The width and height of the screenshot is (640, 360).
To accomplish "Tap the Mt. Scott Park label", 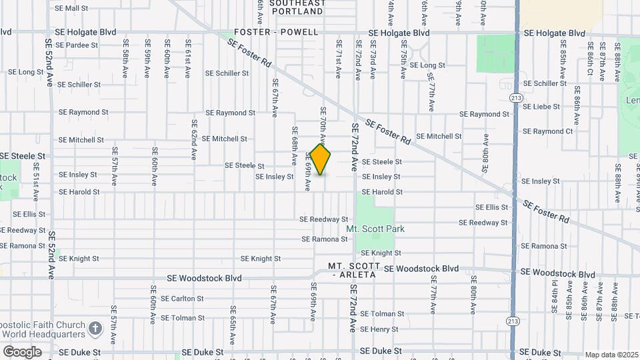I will tap(375, 229).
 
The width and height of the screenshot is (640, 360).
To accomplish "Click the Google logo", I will tap(22, 351).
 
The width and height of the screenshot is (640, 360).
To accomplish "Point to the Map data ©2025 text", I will tap(611, 355).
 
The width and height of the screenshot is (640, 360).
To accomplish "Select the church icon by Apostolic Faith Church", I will tap(95, 329).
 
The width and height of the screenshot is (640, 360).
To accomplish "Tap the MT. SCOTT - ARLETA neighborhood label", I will tap(353, 270).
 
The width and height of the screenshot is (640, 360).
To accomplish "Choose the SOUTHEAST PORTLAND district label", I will tap(297, 7).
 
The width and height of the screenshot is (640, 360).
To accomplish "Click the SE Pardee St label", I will tap(77, 45).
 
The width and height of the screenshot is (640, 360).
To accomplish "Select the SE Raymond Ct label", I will tap(548, 131).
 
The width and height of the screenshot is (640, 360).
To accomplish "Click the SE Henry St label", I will tap(379, 329).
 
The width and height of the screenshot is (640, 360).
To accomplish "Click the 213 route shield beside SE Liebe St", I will tap(515, 97).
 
